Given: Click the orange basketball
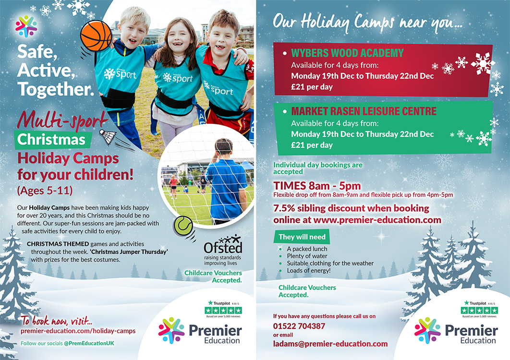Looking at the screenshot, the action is coord(96,36).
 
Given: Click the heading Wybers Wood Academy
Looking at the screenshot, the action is coord(347,53).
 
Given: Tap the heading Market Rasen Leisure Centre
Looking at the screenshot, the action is coord(364,111).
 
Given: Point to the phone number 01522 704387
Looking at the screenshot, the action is coord(299,326).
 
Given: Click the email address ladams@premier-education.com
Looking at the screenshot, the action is coord(330,344).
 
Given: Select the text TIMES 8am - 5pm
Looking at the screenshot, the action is coord(317,185).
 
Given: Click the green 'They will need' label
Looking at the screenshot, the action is coord(302,237).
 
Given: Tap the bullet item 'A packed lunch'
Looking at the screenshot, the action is coord(307,249).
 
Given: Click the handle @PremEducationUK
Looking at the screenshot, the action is coord(89,343).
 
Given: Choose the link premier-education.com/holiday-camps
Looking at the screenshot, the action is coord(78,331).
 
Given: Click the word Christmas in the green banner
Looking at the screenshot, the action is coord(51,140).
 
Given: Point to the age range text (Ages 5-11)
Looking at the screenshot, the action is coord(45,190).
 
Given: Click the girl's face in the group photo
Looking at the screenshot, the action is coord(178,40).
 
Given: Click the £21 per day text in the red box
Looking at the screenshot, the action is coord(312,87).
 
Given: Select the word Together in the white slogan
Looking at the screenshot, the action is coord(56,89).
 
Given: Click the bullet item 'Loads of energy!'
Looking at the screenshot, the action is coord(309,271).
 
